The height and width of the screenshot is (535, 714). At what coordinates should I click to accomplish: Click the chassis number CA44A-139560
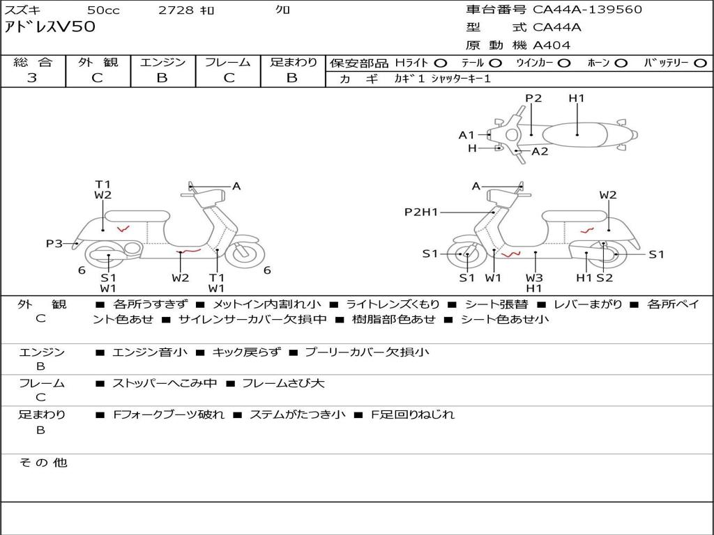click(x=587, y=10)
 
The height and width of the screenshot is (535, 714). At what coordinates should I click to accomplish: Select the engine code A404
click(x=552, y=45)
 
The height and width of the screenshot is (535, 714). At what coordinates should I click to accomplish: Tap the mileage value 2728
click(x=177, y=10)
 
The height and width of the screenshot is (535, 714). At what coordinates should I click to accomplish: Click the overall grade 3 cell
click(x=32, y=78)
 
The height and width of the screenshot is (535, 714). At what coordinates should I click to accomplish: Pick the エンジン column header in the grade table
click(x=162, y=62)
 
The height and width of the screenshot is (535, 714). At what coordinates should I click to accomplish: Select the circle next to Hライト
click(x=441, y=63)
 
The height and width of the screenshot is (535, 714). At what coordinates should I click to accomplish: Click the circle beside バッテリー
click(x=699, y=63)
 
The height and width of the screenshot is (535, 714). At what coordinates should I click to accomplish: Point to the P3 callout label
click(x=54, y=244)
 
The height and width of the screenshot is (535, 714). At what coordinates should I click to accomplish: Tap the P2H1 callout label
click(x=421, y=212)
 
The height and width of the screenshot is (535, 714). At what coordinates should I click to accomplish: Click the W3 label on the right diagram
click(x=535, y=278)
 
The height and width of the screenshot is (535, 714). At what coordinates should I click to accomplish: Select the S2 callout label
click(x=605, y=278)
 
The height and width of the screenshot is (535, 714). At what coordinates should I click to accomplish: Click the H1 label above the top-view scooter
click(x=577, y=98)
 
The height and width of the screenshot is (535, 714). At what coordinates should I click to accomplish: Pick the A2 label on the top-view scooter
click(x=540, y=152)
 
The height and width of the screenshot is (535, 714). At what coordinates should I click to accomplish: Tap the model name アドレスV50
click(x=50, y=28)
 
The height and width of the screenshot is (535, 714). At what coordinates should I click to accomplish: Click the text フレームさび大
click(x=283, y=383)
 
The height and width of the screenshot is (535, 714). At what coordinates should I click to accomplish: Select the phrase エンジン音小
click(x=150, y=352)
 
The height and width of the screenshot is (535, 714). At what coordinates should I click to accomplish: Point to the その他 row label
click(x=43, y=463)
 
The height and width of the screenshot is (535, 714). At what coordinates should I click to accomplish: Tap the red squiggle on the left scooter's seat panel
click(x=123, y=228)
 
